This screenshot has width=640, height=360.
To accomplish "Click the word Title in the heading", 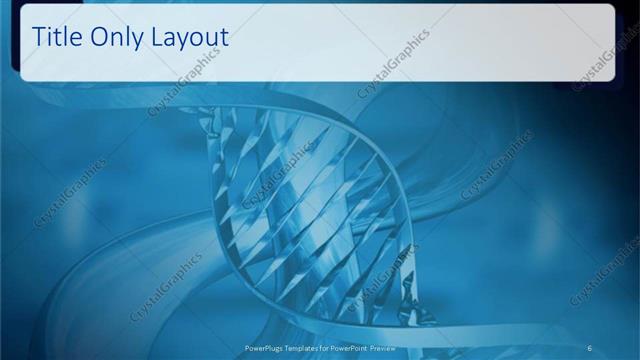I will (58, 37).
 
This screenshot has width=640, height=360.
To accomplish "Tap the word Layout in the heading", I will (190, 39).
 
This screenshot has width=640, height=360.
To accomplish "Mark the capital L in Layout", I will (158, 37).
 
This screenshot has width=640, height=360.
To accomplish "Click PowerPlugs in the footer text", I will (264, 347).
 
